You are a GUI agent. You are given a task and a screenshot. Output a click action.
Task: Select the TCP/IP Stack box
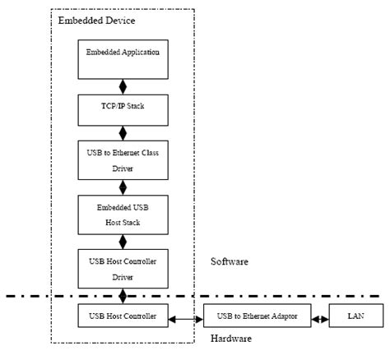123,108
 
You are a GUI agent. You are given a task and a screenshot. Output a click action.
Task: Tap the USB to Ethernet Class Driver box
123,159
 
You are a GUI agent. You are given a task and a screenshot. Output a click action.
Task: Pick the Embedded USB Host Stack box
123,212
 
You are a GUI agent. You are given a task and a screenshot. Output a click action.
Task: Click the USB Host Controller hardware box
123,314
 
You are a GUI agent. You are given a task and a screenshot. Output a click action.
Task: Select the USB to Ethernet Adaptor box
257,314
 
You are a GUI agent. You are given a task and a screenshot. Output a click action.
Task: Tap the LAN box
354,314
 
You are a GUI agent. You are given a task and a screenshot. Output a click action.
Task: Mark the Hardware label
232,339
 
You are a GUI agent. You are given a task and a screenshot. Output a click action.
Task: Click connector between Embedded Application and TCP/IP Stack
123,86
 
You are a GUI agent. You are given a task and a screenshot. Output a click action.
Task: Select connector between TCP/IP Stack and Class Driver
123,132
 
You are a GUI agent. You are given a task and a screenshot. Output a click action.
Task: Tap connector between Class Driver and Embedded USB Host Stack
123,187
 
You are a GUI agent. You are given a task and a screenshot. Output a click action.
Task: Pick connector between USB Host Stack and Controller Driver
123,240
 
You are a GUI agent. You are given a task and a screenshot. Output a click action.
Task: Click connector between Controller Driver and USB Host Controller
123,293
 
